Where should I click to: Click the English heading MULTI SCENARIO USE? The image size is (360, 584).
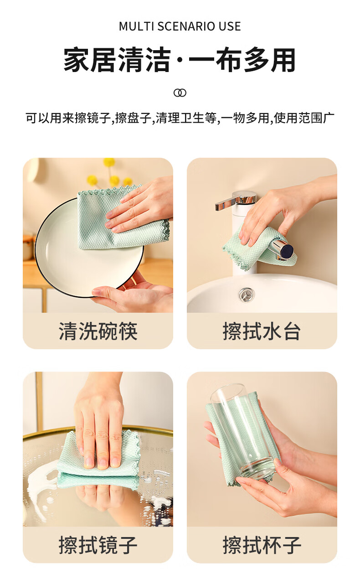180,26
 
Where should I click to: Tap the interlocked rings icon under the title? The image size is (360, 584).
180,93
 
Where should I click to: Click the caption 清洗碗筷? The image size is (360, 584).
98,331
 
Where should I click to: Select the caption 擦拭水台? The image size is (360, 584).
262,331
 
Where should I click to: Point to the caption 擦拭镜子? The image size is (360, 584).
98,545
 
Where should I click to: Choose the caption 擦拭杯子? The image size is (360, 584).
262,545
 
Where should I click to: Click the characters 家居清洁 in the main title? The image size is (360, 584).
117,60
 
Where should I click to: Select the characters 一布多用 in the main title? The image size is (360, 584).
242,60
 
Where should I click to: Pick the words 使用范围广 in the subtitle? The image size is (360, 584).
303,118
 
